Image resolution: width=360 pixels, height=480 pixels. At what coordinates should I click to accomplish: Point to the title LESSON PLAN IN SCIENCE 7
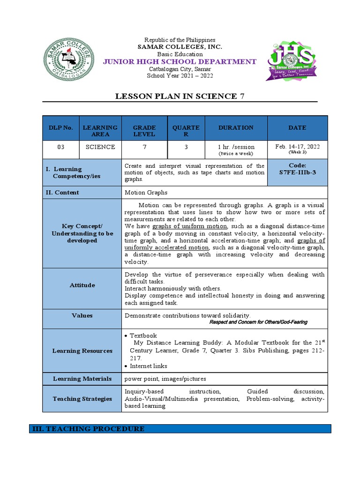point(180,97)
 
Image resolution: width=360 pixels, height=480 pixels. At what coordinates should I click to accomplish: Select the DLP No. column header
point(60,127)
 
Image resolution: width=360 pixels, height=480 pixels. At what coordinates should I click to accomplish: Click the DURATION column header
point(235,127)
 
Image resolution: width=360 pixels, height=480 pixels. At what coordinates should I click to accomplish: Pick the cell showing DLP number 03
point(60,147)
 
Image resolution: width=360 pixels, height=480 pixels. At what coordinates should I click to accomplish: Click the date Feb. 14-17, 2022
point(297,146)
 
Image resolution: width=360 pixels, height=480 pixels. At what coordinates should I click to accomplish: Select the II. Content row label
point(62,192)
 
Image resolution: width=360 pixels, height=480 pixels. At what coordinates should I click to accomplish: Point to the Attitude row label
point(82,285)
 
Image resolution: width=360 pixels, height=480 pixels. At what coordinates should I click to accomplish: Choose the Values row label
point(82,315)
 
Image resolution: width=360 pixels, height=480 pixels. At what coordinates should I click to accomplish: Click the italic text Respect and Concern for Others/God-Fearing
point(258,322)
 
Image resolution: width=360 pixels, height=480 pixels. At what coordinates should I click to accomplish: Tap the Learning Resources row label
point(82,351)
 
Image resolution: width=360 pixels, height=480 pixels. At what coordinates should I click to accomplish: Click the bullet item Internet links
point(148,366)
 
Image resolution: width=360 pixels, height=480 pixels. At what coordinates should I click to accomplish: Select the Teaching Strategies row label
point(82,398)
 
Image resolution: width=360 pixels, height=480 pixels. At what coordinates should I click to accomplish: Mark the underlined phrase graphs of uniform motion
point(189,226)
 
